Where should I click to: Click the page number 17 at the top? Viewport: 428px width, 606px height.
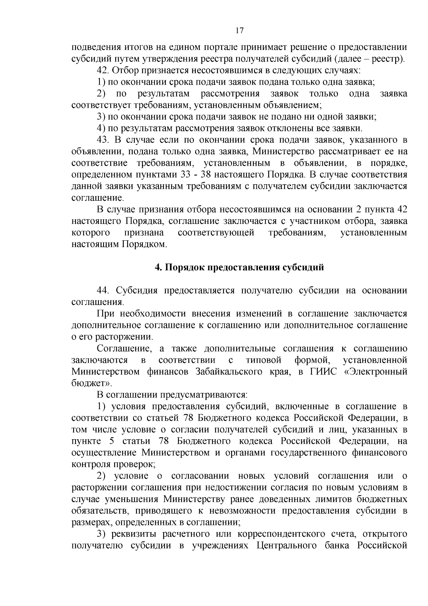point(240,31)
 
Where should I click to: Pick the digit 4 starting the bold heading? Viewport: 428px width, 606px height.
point(157,267)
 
